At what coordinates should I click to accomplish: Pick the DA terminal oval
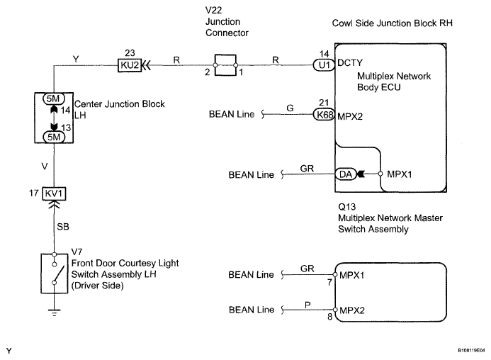coord(343,174)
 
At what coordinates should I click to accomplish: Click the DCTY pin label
coord(351,63)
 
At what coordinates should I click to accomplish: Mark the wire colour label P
coord(307,304)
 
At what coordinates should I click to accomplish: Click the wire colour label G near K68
coord(289,108)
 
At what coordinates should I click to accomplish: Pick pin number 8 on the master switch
coord(329,319)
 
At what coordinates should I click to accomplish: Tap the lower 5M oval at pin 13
coord(54,137)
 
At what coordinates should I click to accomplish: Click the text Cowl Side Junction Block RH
coord(392,23)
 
